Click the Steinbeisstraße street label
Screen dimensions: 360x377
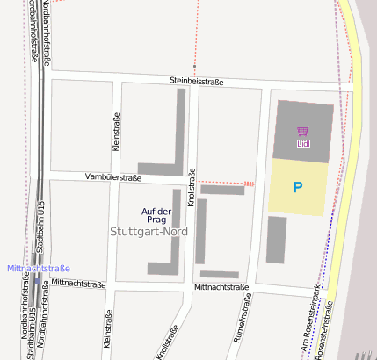point(197,82)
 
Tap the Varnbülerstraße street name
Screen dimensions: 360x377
point(113,177)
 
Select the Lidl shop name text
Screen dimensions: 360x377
point(303,142)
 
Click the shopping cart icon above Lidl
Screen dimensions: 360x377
point(303,131)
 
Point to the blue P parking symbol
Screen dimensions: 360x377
point(298,187)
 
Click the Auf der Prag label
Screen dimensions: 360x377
point(156,214)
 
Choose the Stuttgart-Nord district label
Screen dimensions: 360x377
point(149,232)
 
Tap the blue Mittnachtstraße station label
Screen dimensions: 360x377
point(38,268)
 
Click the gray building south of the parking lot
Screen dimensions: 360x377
point(277,240)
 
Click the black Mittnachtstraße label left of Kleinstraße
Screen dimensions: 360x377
point(78,284)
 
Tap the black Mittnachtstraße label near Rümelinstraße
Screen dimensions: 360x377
point(222,287)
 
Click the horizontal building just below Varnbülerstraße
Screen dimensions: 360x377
point(222,190)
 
